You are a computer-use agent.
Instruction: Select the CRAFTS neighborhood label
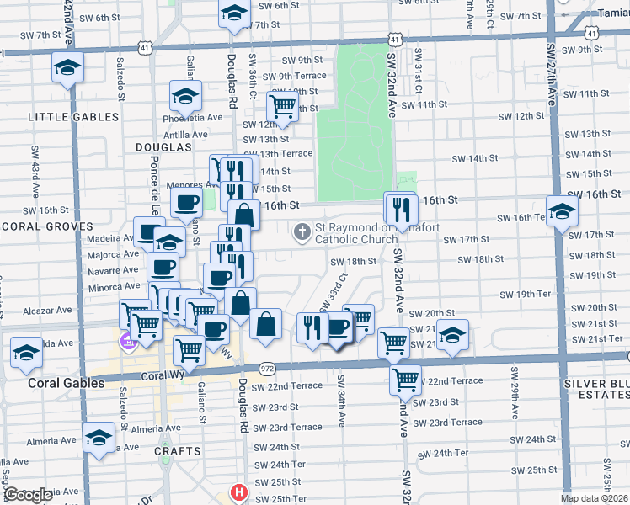coord(174,452)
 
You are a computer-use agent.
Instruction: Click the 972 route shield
coord(267,369)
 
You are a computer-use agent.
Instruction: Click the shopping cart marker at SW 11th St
coord(282,105)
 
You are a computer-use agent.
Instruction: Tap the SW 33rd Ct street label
coord(334,290)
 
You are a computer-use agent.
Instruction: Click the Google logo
coord(28,496)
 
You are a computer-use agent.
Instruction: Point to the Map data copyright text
coord(595,498)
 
